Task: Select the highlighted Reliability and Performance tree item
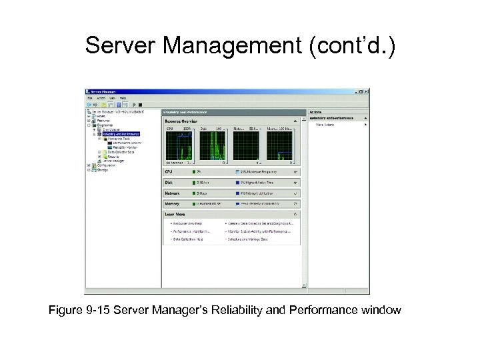pyautogui.click(x=121, y=133)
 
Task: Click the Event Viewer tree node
pyautogui.click(x=114, y=129)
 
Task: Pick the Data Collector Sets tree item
pyautogui.click(x=120, y=151)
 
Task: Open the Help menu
pyautogui.click(x=123, y=98)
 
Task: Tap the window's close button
pyautogui.click(x=366, y=92)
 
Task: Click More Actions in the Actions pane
pyautogui.click(x=325, y=124)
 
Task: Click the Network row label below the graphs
pyautogui.click(x=172, y=193)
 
